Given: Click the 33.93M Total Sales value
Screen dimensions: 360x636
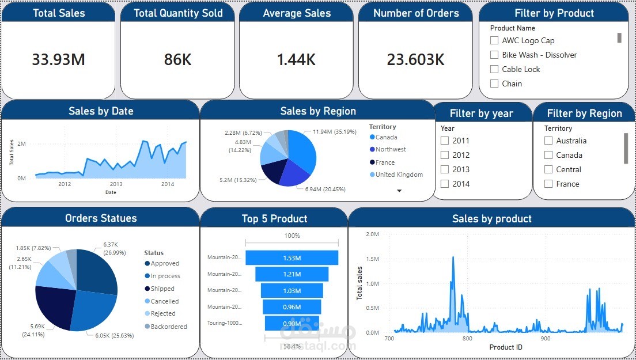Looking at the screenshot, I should click(58, 59).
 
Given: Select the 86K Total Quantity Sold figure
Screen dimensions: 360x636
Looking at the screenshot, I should click(177, 59).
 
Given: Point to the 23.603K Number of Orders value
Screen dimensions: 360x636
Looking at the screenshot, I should click(416, 59).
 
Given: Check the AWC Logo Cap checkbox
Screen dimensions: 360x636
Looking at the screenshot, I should click(494, 40).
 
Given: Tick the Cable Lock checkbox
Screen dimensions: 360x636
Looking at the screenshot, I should click(494, 69).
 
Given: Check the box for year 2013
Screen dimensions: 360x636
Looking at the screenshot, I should click(445, 169).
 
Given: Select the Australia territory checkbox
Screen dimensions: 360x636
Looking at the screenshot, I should click(548, 141).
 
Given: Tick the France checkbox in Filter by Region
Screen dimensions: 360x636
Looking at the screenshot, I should click(548, 184).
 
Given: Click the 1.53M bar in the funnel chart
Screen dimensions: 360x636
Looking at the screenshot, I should click(291, 257).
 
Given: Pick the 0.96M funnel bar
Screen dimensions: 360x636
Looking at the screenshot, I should click(291, 307).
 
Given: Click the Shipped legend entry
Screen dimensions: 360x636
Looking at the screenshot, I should click(162, 289).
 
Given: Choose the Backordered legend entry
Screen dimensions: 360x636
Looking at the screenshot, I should click(168, 327).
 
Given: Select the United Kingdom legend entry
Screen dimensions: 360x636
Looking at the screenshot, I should click(399, 175).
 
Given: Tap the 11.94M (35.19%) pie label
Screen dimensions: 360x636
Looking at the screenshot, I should click(334, 132).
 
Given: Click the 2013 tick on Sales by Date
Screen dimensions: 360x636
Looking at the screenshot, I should click(116, 184).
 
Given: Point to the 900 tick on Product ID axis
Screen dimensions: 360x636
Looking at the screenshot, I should click(546, 339).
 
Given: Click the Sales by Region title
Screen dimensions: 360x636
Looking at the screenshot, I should click(317, 111).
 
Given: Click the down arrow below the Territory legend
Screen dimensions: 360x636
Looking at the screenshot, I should click(399, 190).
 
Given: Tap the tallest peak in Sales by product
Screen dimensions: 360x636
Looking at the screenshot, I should click(453, 257).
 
